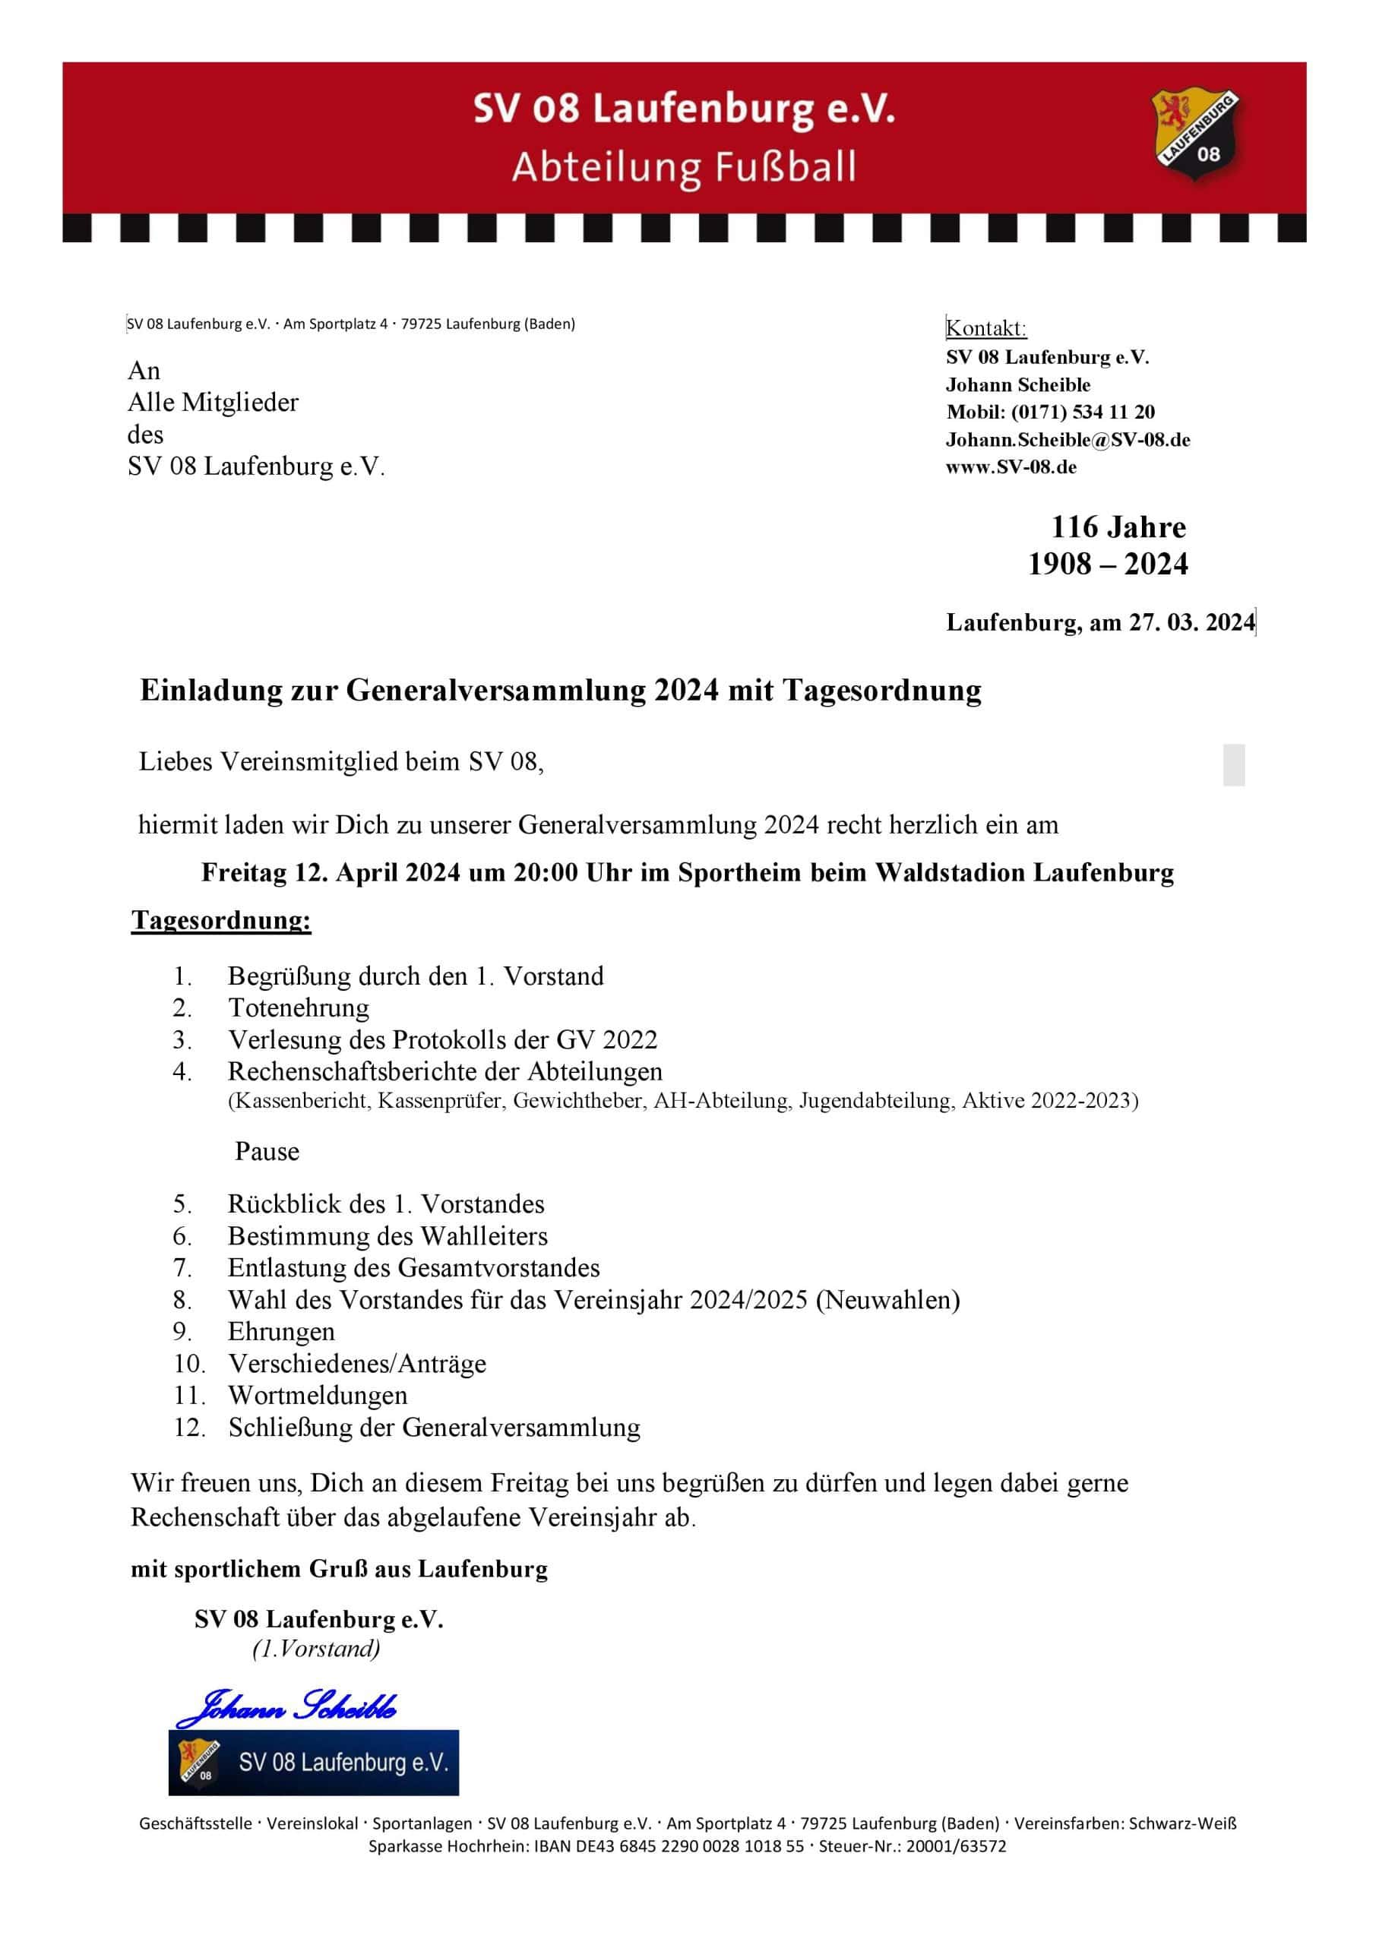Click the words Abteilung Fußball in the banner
coord(684,167)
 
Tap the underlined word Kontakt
coord(985,329)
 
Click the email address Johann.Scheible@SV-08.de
coord(1068,440)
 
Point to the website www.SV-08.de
coord(1011,466)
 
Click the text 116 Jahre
coord(1118,527)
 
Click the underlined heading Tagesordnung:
coord(221,920)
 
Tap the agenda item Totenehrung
coord(299,1008)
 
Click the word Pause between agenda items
coord(267,1151)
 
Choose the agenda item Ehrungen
coord(281,1332)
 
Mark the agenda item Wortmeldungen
coord(318,1395)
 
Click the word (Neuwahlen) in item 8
coord(888,1299)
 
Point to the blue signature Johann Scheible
coord(286,1706)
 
